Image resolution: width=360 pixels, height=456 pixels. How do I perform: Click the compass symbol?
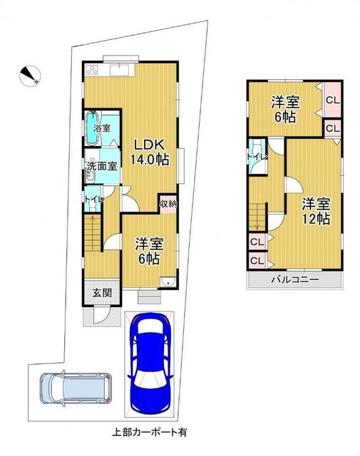(30, 76)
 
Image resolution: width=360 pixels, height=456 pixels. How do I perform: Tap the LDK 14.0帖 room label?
(149, 152)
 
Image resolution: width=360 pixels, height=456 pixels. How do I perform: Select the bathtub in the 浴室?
(93, 128)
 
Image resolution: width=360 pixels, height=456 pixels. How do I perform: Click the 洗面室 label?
(102, 166)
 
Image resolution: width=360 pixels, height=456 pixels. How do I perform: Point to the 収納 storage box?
(168, 204)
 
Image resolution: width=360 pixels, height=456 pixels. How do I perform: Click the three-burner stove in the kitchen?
(93, 70)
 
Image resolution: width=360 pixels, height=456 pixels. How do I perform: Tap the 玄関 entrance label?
(102, 292)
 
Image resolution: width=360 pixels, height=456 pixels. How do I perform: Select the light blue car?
(76, 388)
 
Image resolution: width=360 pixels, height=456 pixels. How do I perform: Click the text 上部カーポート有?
(150, 432)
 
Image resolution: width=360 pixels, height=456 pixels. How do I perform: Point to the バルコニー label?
(295, 280)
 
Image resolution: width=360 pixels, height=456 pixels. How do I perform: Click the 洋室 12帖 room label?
(316, 211)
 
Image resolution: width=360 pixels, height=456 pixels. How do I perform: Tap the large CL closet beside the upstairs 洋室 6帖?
(333, 100)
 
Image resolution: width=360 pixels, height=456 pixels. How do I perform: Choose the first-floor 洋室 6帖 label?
(149, 251)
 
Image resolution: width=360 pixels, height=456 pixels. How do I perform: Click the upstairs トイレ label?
(257, 157)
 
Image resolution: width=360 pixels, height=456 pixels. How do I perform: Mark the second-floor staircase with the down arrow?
(258, 217)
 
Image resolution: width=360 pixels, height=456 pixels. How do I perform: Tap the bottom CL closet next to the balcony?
(257, 261)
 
